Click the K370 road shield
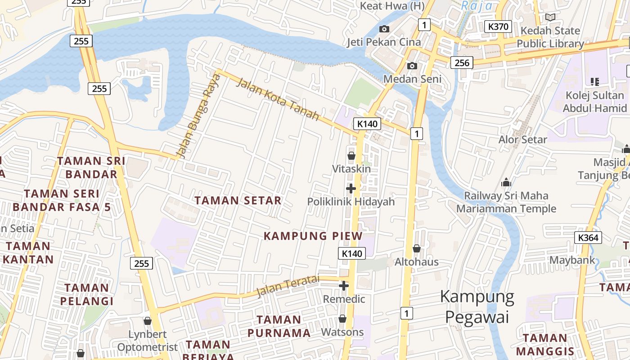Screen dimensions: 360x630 coord(499,27)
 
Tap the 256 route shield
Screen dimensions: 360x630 coord(462,63)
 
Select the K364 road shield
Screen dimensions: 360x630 coord(588,238)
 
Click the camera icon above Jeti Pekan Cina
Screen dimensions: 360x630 coord(384,29)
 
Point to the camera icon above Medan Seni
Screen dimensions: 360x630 coord(412,66)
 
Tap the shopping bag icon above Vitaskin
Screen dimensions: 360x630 coord(351,156)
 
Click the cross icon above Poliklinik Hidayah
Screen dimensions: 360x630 coord(351,189)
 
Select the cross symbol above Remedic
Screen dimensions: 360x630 coord(344,286)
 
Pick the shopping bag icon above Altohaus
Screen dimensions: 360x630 coord(417,248)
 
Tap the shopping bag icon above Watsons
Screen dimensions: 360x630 coord(342,319)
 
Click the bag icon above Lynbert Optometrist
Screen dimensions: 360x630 coord(147,321)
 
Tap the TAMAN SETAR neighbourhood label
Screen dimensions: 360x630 coord(238,201)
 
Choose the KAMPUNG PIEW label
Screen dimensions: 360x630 coord(313,236)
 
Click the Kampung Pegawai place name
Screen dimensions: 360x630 coord(477,306)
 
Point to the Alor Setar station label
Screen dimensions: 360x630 coord(522,139)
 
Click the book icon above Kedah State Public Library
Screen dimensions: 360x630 coord(550,18)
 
